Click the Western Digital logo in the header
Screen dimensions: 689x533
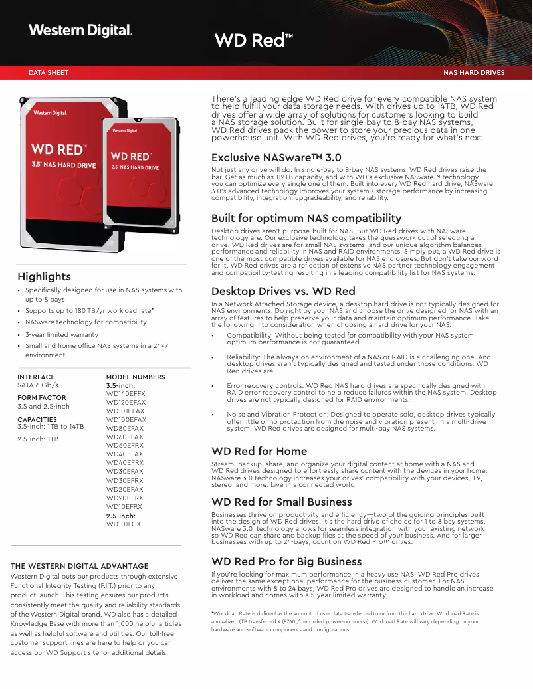coord(80,30)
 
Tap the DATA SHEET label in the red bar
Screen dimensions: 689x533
coord(49,73)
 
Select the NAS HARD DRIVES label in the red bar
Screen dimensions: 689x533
coord(474,73)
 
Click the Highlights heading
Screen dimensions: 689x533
coord(44,276)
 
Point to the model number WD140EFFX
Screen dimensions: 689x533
coord(126,394)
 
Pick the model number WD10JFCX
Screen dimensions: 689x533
coord(124,524)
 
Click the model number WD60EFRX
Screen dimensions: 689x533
coord(125,446)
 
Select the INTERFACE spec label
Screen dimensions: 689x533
coord(36,377)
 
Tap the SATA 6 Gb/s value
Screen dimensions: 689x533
coord(38,385)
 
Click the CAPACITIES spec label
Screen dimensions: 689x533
coord(37,419)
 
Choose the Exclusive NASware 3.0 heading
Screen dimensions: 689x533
coord(276,157)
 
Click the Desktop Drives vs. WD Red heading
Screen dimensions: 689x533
coord(283,291)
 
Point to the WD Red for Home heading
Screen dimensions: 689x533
coord(259,451)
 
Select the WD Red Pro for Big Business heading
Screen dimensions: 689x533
coord(286,561)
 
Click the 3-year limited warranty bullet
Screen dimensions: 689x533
coord(62,334)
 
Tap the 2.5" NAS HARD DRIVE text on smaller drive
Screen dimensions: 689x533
coord(135,168)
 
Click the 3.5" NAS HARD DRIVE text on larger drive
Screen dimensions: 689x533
coord(64,165)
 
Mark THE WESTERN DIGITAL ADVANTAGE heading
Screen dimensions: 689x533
coord(79,566)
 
